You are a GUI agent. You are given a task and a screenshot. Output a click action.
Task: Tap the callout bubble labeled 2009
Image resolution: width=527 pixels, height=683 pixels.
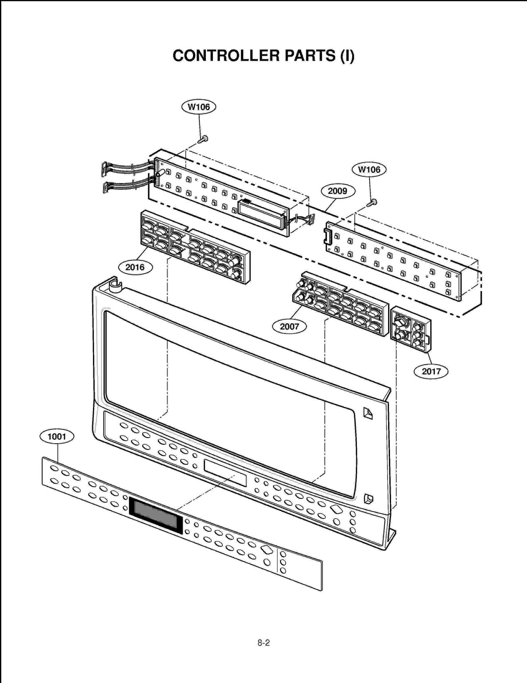coord(338,191)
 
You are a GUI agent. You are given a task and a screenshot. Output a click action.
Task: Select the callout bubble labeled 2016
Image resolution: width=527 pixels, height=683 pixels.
coord(135,267)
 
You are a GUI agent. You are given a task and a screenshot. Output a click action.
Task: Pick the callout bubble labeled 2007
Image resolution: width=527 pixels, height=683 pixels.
coord(289,327)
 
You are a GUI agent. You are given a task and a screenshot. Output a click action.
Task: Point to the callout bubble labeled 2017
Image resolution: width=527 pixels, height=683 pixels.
coord(431,371)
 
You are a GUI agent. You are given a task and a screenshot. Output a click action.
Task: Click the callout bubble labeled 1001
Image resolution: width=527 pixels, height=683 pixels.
coord(57,437)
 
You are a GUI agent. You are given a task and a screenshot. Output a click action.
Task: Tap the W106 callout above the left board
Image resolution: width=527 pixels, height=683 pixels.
coord(199,107)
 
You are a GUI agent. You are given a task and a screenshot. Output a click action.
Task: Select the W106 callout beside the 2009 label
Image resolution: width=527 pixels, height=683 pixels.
coord(369,170)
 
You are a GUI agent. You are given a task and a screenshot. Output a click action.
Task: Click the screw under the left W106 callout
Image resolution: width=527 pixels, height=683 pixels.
coord(203,139)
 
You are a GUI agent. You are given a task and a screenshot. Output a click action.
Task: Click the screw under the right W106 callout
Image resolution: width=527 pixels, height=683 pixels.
coord(372,203)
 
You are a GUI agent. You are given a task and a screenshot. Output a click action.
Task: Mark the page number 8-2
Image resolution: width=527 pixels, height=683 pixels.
coord(263,643)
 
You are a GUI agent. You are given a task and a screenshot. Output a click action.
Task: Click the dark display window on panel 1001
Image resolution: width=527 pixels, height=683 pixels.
coord(155,515)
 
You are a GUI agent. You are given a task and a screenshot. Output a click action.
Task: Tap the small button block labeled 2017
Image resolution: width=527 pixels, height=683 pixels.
coord(410,329)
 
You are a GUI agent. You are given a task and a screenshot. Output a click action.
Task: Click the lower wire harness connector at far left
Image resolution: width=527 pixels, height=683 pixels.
coord(105,187)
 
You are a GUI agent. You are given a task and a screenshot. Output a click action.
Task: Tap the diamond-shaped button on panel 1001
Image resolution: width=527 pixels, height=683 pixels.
coord(266,550)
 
